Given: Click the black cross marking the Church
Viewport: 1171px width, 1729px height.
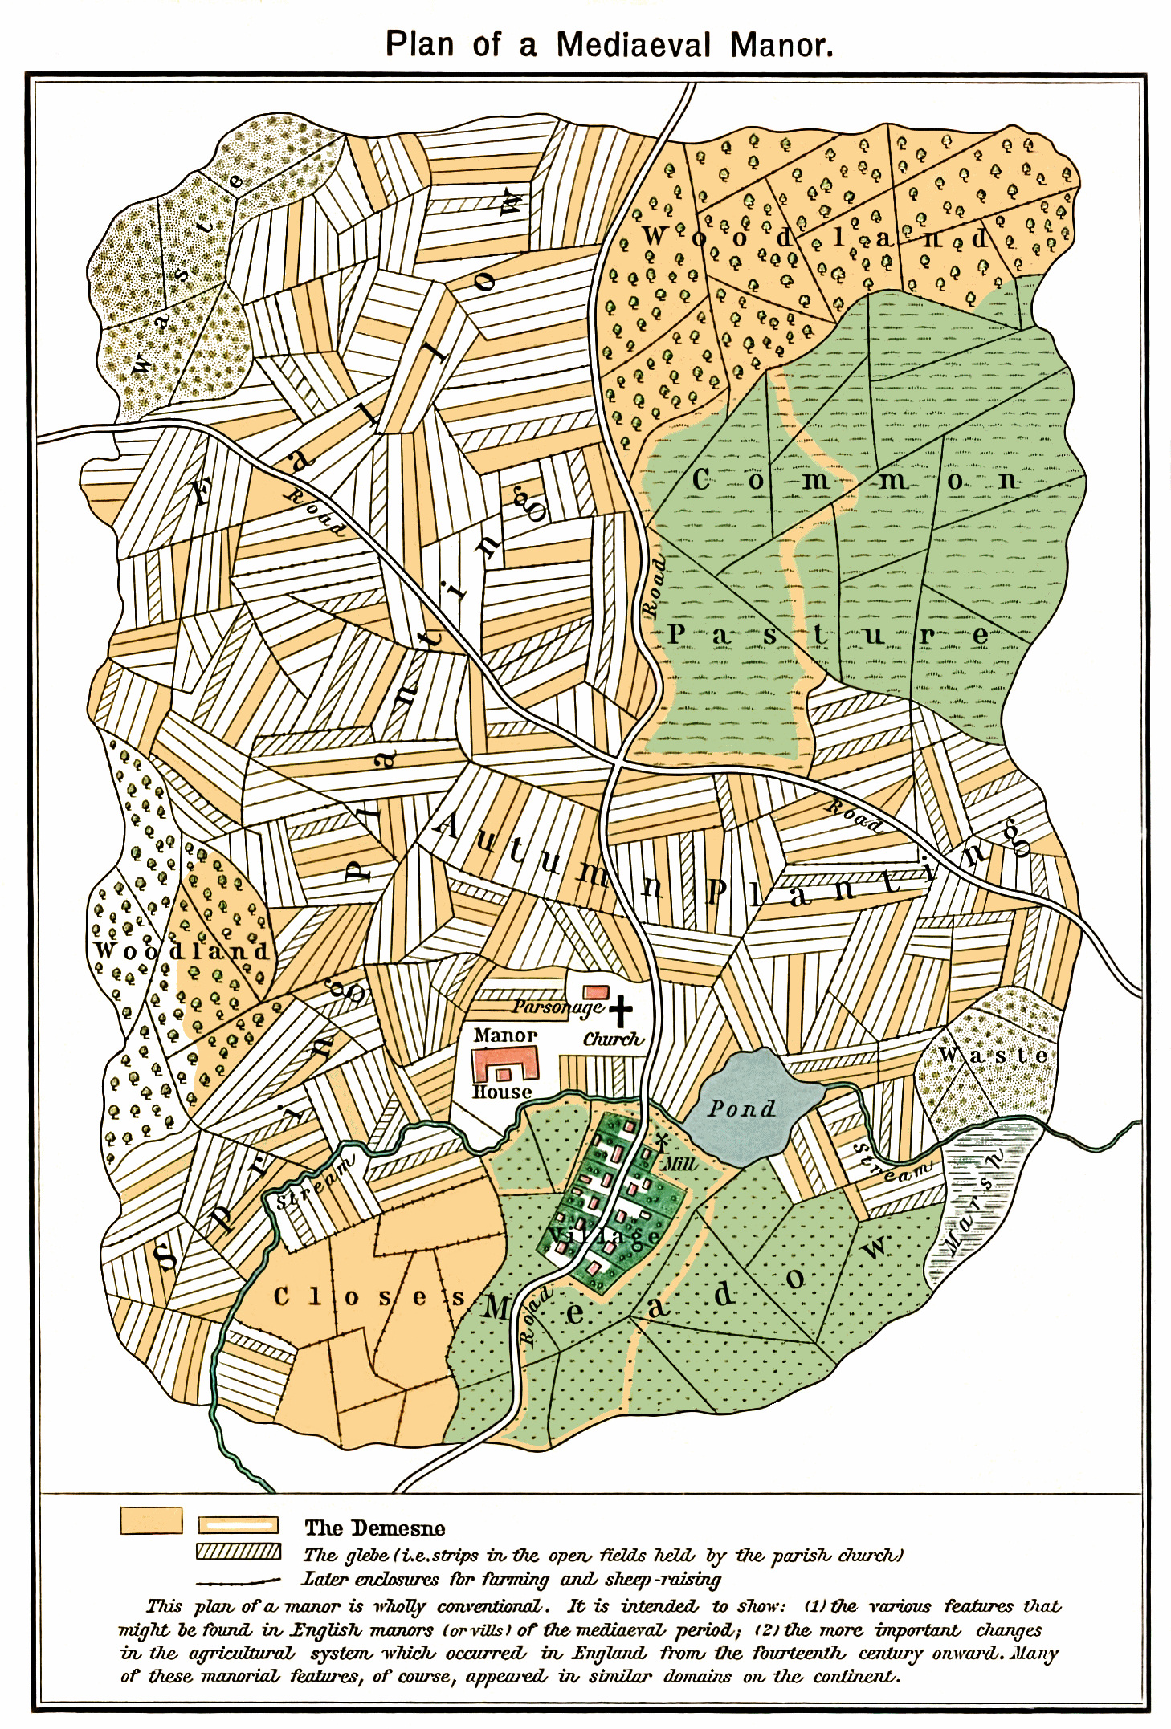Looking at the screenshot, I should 620,1011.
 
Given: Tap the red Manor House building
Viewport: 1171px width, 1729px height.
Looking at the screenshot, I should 504,1065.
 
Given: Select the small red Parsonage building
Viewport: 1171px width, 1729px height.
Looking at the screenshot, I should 595,992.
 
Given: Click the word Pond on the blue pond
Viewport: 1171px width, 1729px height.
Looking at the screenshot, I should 741,1109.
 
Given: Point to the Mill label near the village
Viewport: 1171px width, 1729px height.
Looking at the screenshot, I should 679,1163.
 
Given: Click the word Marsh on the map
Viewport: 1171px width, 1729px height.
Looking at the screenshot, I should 974,1202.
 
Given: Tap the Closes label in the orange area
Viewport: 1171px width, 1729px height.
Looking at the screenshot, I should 369,1296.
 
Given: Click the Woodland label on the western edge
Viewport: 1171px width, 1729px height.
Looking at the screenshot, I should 182,951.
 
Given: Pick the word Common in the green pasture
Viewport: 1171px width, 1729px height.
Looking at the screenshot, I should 856,481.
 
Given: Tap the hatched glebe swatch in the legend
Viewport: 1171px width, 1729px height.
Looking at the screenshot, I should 239,1552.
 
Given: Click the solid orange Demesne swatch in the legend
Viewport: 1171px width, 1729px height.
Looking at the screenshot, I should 151,1520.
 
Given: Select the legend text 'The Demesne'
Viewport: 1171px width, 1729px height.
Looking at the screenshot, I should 374,1528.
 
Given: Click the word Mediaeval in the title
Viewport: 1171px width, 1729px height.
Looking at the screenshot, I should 634,44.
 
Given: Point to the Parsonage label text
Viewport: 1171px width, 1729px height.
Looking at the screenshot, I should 557,1007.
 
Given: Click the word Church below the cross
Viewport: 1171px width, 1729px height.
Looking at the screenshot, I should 613,1039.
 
